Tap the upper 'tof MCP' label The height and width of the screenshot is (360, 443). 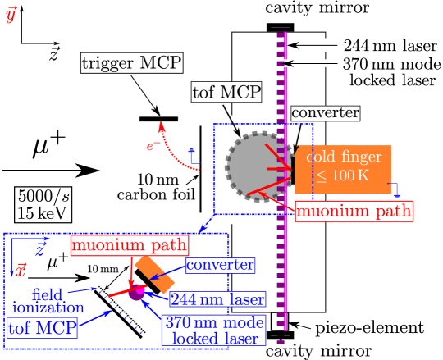coord(226,92)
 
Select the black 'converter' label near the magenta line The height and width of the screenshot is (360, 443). coord(325,113)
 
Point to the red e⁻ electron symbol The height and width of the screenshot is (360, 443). coord(153,147)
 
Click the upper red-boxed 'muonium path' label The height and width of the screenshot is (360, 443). coord(354,211)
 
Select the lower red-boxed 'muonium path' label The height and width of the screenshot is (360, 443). coord(129,244)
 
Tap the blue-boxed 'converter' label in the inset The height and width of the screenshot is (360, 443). coord(220,265)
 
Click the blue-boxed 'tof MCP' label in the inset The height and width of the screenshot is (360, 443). coord(42,328)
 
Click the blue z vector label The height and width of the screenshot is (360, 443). coord(39,249)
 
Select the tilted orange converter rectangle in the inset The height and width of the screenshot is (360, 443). coord(154,276)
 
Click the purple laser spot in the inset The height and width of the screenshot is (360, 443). coord(137,292)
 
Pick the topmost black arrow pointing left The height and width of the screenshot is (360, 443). coord(312,45)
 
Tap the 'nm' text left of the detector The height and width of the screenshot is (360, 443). coord(166,178)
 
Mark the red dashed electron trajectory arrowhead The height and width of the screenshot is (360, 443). coord(162,126)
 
